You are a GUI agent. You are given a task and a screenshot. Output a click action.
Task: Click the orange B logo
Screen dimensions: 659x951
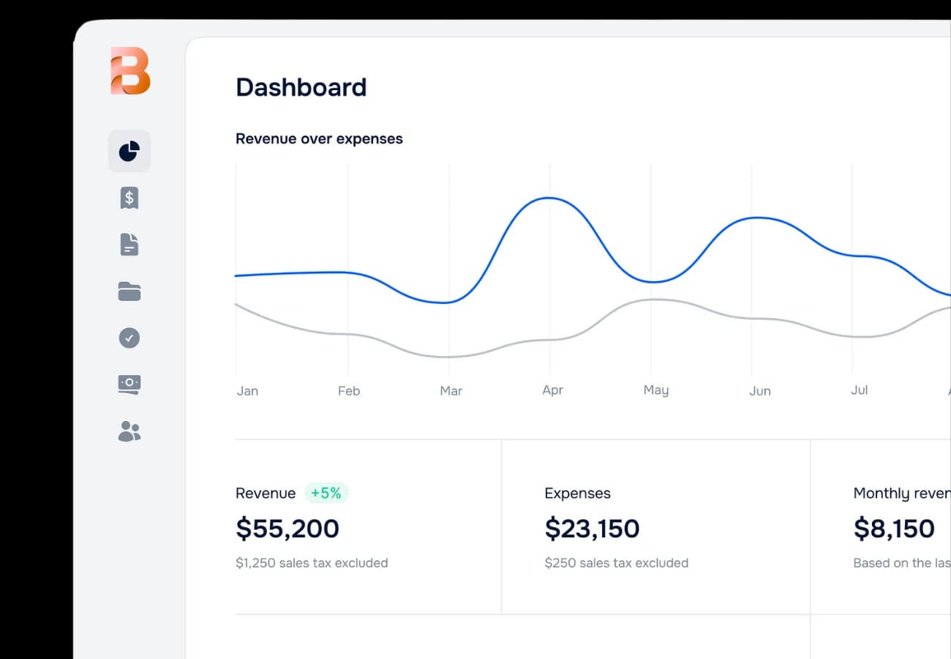[130, 71]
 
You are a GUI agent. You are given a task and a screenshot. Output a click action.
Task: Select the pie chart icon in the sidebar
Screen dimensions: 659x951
[129, 151]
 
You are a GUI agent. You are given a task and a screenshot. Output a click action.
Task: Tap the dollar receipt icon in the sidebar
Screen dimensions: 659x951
[129, 198]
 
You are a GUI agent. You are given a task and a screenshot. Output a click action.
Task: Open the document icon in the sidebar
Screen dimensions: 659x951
[129, 245]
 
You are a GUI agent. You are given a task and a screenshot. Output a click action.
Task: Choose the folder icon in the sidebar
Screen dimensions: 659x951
[129, 291]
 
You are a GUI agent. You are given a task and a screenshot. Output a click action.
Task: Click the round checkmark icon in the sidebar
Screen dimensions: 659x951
[129, 338]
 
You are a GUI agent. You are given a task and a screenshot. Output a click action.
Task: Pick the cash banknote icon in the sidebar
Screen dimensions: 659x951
[129, 384]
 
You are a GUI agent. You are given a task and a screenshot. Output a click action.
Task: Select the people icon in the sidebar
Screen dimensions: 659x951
[129, 431]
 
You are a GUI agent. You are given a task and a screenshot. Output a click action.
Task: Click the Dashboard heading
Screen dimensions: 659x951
[301, 87]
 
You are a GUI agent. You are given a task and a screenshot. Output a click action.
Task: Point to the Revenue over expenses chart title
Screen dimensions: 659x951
[319, 138]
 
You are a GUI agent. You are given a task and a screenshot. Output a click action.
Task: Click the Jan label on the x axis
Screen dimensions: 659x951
[247, 391]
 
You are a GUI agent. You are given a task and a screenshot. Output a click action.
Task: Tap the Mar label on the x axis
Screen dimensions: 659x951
[451, 391]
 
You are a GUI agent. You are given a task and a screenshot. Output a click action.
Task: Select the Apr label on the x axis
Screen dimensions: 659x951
[552, 390]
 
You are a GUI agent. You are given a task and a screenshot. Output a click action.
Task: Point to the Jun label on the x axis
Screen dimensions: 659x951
[759, 391]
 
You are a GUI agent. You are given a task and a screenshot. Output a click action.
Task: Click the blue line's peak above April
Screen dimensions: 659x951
[549, 198]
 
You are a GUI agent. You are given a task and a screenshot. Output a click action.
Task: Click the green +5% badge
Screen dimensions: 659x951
[326, 494]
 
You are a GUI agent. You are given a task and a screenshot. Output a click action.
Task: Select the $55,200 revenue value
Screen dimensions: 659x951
[287, 529]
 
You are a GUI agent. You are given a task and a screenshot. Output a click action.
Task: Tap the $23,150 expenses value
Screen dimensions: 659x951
[592, 529]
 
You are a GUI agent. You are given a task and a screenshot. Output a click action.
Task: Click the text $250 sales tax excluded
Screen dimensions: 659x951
[616, 563]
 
